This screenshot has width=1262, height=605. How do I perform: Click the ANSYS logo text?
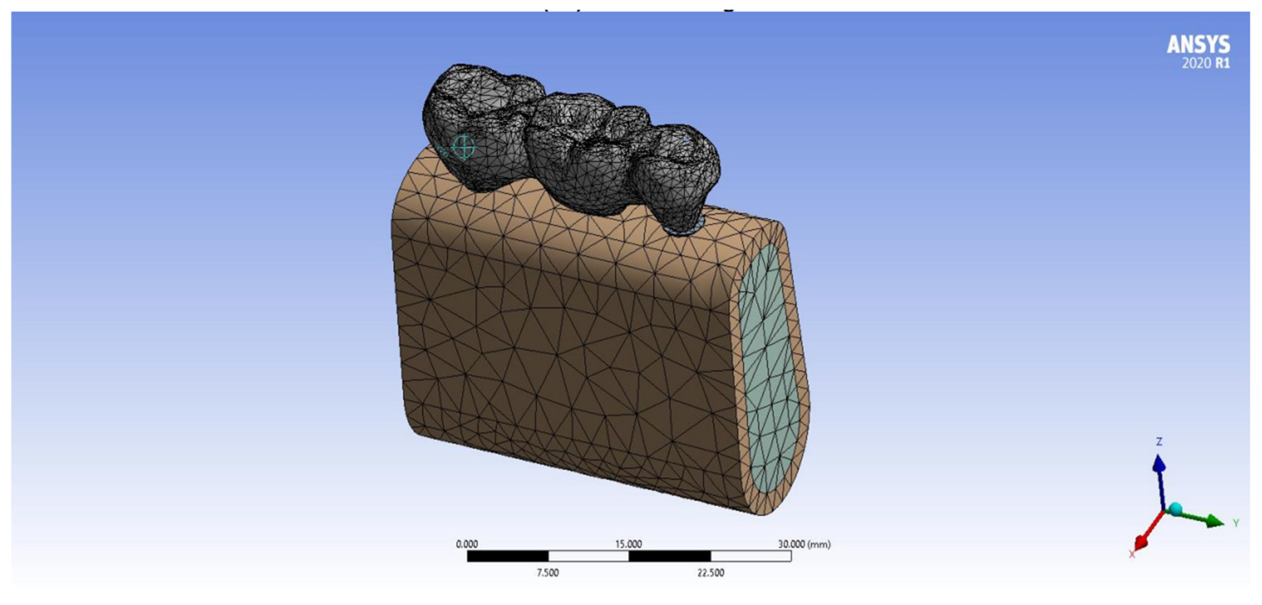click(1198, 45)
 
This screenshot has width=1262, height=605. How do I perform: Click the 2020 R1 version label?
click(1205, 63)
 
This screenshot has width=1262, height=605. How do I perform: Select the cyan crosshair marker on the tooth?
click(464, 147)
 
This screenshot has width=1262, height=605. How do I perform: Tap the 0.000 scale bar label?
click(467, 544)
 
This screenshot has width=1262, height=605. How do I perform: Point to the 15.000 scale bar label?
click(629, 544)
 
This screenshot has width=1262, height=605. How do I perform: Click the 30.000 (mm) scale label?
click(804, 544)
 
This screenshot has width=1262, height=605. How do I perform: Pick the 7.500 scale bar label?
click(548, 573)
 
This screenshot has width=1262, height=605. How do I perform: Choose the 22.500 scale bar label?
click(710, 573)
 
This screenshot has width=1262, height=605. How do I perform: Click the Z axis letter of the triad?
click(1159, 442)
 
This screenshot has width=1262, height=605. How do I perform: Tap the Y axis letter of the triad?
click(1236, 523)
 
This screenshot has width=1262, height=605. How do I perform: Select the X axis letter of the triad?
click(1132, 554)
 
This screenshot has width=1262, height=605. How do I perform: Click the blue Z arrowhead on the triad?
click(1159, 464)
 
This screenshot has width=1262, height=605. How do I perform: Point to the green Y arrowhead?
click(1215, 521)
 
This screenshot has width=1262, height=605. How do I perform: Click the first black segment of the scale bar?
click(507, 556)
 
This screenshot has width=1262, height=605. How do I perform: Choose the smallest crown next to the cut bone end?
click(676, 171)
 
